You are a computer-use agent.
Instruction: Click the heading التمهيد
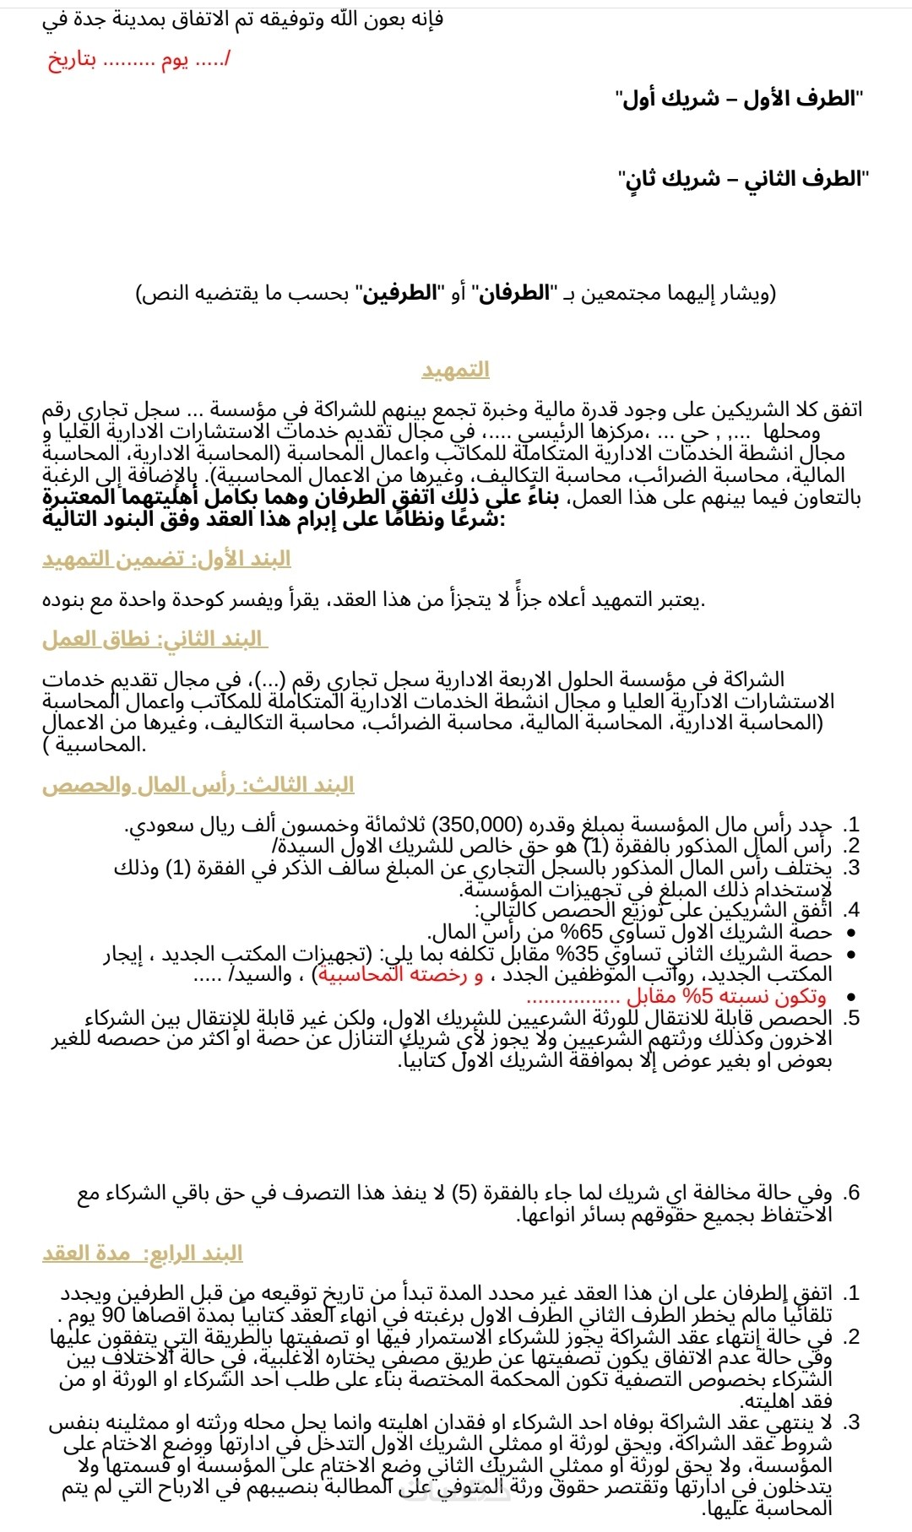pyautogui.click(x=455, y=370)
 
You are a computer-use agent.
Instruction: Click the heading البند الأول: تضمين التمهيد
pyautogui.click(x=166, y=559)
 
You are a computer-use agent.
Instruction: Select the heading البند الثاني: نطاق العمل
pyautogui.click(x=155, y=639)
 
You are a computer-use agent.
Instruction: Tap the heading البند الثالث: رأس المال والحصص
pyautogui.click(x=198, y=785)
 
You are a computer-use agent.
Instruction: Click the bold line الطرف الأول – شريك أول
pyautogui.click(x=739, y=99)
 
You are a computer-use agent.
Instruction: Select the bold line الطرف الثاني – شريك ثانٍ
pyautogui.click(x=742, y=179)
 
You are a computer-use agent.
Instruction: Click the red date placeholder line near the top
pyautogui.click(x=139, y=60)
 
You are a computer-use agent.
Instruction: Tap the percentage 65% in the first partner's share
pyautogui.click(x=583, y=933)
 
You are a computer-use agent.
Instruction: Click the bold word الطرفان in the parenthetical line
pyautogui.click(x=512, y=294)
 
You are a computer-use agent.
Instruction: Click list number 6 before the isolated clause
pyautogui.click(x=853, y=1193)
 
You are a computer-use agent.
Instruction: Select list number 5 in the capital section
pyautogui.click(x=853, y=1018)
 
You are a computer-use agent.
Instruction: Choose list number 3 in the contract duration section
pyautogui.click(x=853, y=1422)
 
